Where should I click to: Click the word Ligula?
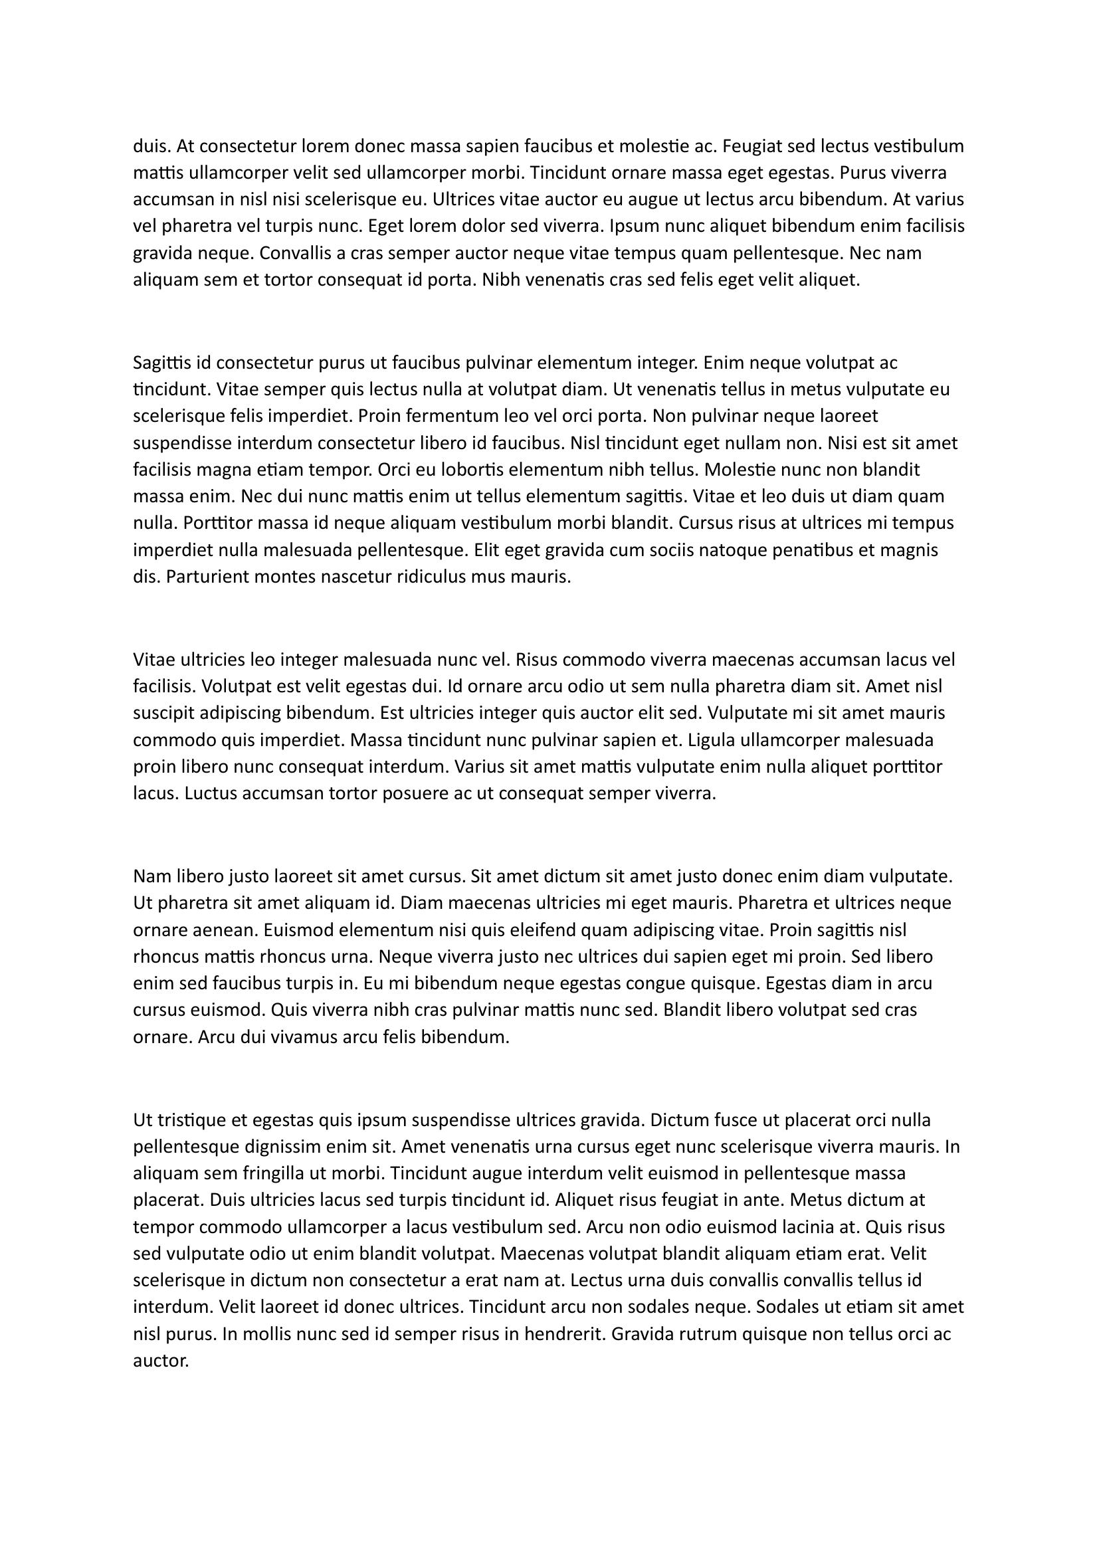point(710,740)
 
